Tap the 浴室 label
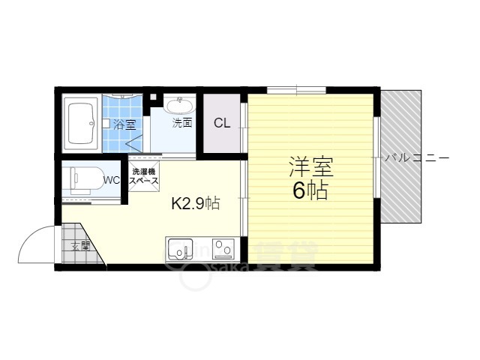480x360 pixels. tap(125, 124)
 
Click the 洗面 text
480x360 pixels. tap(181, 122)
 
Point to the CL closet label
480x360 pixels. tap(222, 124)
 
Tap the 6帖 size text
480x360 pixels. tap(310, 190)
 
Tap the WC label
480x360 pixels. tap(112, 180)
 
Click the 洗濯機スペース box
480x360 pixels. tap(143, 177)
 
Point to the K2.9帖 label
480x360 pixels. tap(196, 202)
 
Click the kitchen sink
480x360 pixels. tap(179, 249)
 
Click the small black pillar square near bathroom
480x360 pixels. tap(154, 96)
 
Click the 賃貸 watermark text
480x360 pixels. tap(288, 255)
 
